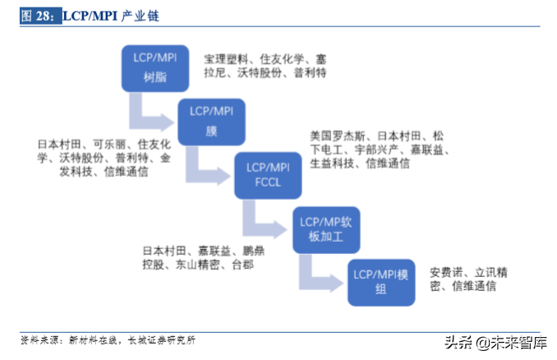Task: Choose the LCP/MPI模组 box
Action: coord(380,281)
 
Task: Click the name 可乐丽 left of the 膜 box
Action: coord(109,142)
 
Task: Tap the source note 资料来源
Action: coord(40,339)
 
